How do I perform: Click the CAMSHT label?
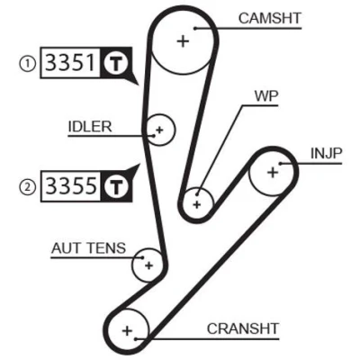click(x=270, y=19)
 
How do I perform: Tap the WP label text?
click(x=266, y=96)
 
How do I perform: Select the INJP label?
click(x=327, y=154)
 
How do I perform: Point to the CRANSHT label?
click(x=243, y=328)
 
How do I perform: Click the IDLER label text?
click(x=90, y=127)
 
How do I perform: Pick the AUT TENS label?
click(x=88, y=248)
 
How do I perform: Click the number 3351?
click(x=69, y=62)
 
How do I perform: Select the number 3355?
click(x=72, y=185)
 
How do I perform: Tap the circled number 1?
click(x=28, y=65)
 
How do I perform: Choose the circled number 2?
click(x=28, y=188)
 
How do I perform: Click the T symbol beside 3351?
click(x=115, y=64)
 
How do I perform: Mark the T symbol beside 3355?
click(x=116, y=186)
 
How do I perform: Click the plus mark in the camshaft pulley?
click(x=183, y=41)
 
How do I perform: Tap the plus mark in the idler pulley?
click(x=159, y=130)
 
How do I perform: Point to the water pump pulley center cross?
click(x=197, y=205)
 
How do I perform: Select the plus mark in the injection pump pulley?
click(x=273, y=173)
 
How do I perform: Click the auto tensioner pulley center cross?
click(x=148, y=265)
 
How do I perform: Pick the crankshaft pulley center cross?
click(x=127, y=331)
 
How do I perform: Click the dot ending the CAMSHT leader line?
click(x=194, y=29)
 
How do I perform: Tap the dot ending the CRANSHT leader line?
click(x=136, y=339)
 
